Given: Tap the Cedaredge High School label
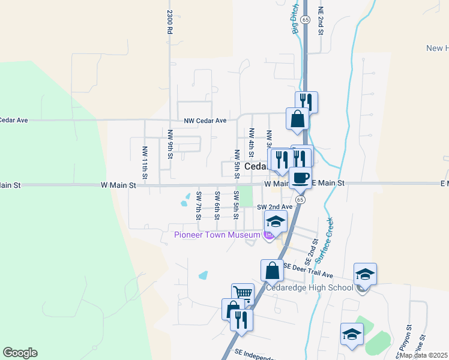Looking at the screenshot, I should point(310,287).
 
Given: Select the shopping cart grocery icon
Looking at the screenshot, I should point(243,294).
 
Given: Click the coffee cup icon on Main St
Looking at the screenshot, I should point(300,178).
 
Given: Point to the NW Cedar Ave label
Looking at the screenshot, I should point(205,120).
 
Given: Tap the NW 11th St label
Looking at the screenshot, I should point(145,162).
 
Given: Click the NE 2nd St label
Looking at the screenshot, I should point(321,21).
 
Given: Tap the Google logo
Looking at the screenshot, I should point(20,353).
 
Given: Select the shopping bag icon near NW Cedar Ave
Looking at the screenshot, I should point(297,118).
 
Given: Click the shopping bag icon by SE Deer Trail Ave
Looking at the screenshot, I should point(272,270).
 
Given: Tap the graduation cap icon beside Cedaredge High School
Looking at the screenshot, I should point(365,274).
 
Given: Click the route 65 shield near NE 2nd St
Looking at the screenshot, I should point(306,20).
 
